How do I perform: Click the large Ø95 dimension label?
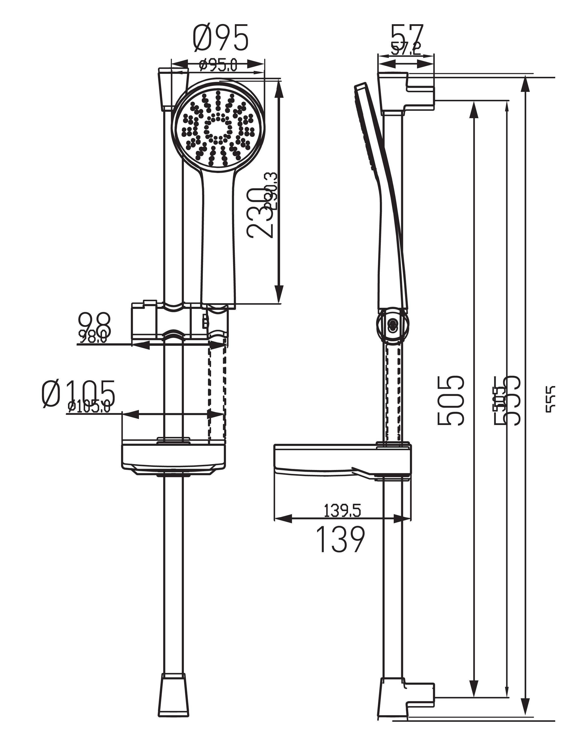[x=221, y=38]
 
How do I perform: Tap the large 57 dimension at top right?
[x=407, y=35]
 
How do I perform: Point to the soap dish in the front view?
[x=174, y=458]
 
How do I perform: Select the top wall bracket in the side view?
[x=405, y=92]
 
